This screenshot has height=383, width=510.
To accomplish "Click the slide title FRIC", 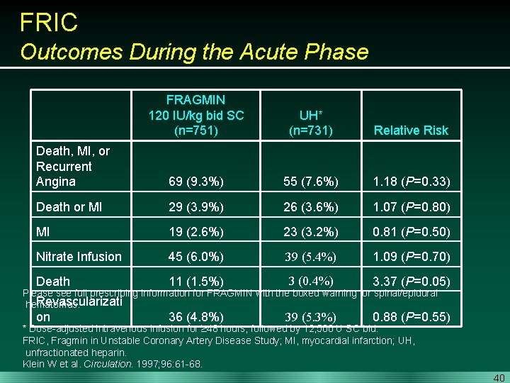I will pyautogui.click(x=49, y=22).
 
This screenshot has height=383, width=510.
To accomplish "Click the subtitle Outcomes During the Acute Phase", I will pyautogui.click(x=194, y=52).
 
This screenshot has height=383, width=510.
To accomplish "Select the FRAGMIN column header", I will pyautogui.click(x=195, y=115).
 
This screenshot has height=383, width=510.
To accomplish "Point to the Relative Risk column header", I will pyautogui.click(x=411, y=131).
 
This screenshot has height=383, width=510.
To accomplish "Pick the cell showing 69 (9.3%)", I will pyautogui.click(x=196, y=182).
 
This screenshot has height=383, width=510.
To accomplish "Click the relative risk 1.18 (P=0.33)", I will pyautogui.click(x=411, y=182).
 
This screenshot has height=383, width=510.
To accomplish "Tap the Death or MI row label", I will pyautogui.click(x=69, y=207).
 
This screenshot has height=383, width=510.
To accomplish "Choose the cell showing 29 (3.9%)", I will pyautogui.click(x=196, y=207).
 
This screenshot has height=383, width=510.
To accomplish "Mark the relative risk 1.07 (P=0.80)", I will pyautogui.click(x=411, y=207).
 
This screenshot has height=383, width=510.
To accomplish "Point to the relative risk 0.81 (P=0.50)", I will pyautogui.click(x=411, y=232).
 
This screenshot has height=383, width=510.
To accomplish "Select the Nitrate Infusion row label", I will pyautogui.click(x=79, y=257).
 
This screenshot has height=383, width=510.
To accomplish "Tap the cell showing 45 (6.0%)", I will pyautogui.click(x=196, y=257).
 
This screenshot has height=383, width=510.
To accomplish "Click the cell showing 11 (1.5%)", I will pyautogui.click(x=196, y=282).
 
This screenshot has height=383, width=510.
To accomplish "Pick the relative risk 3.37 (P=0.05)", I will pyautogui.click(x=411, y=282).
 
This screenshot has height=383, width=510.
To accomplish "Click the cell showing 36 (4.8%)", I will pyautogui.click(x=196, y=317).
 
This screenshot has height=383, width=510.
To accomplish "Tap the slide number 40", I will pyautogui.click(x=499, y=377).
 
